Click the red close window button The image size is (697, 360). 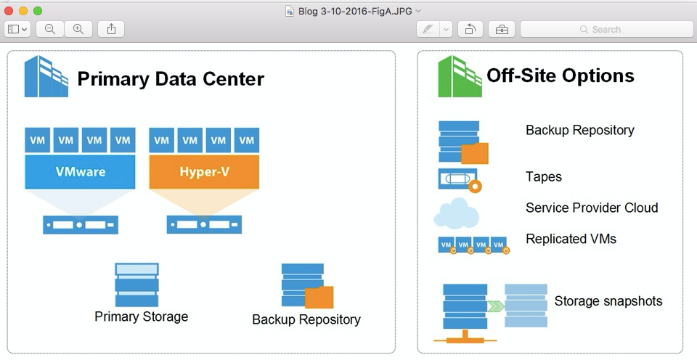pos(9,11)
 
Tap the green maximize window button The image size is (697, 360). pos(38,11)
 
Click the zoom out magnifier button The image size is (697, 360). pos(49,29)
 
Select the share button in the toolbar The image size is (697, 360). pos(111,29)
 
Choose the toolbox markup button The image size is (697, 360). pos(502,29)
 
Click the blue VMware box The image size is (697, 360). pos(81,172)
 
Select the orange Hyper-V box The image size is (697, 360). pos(204,172)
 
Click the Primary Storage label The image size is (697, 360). pos(141,316)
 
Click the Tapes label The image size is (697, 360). pos(544,176)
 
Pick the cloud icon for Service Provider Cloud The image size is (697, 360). pos(456,213)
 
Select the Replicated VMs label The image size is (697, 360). pos(571,239)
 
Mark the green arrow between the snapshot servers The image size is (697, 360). pos(495,306)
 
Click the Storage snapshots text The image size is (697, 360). pos(608,300)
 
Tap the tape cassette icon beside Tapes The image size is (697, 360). pos(459,179)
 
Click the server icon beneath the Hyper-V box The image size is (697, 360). pos(204,224)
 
